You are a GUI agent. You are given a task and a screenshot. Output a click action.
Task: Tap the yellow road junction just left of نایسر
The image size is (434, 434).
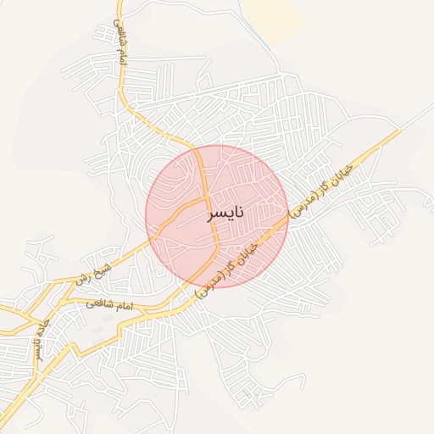click(x=205, y=200)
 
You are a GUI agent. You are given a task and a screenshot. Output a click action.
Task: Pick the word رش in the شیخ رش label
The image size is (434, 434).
click(x=84, y=278)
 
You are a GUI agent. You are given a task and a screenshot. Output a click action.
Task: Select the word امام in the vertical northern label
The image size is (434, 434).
click(x=120, y=57)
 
